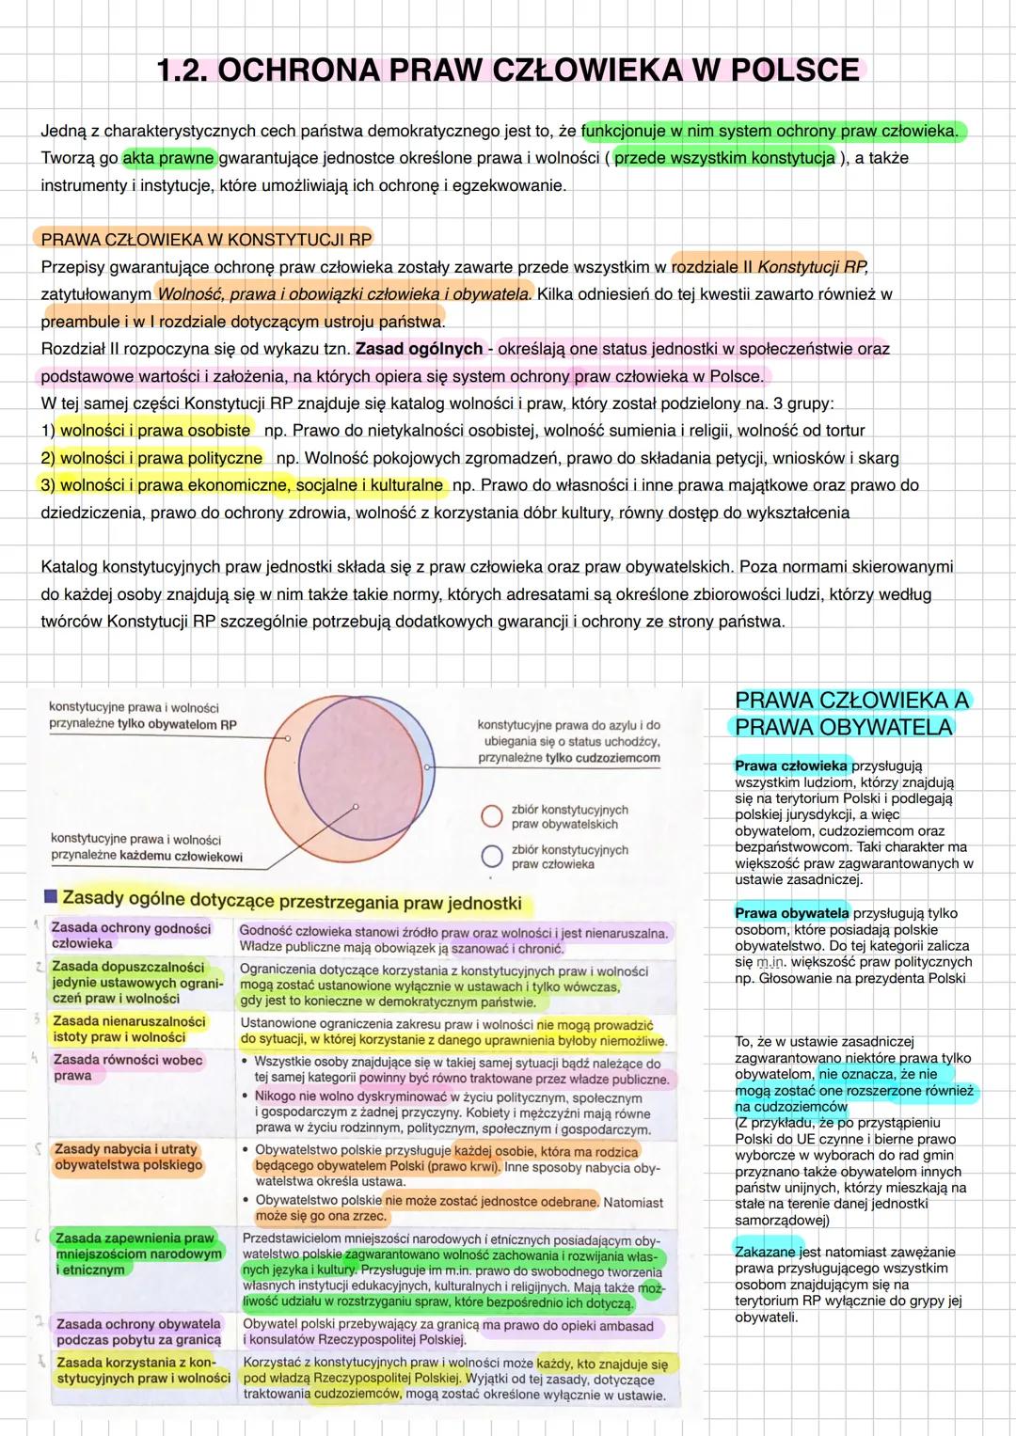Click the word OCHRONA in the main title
point(296,71)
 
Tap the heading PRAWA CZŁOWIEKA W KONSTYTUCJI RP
point(206,239)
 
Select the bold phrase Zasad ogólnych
point(419,349)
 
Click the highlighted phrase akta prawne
point(169,157)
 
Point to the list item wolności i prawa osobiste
point(155,431)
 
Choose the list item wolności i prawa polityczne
point(161,458)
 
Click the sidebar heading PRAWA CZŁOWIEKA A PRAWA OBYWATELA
point(850,714)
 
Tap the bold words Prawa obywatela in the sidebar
point(791,913)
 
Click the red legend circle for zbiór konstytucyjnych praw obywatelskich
point(491,816)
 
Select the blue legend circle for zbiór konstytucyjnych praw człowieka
point(491,857)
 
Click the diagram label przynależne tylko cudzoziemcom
point(568,758)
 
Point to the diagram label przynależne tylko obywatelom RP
point(143,725)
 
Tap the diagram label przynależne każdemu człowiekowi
point(147,857)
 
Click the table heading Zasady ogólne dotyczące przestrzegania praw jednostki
point(292,903)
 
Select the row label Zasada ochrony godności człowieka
point(131,936)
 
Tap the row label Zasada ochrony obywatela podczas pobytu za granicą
point(138,1332)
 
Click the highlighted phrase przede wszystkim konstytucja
point(724,157)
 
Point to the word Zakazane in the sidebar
point(766,1252)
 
